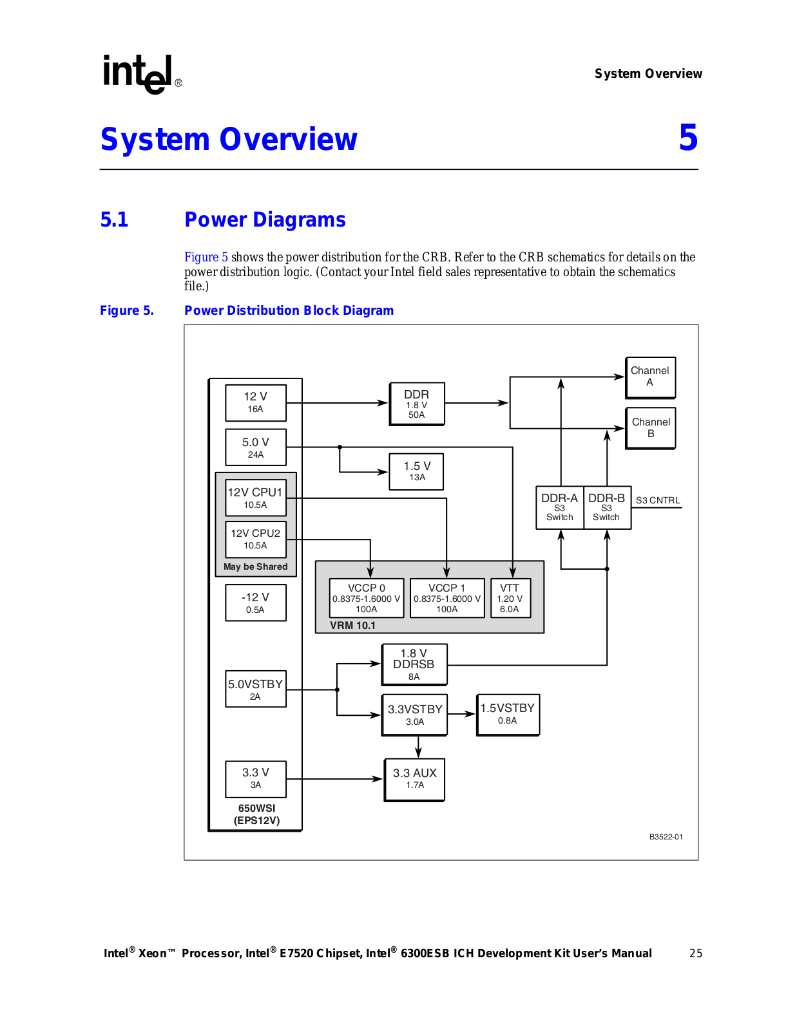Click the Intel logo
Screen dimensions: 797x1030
(x=142, y=75)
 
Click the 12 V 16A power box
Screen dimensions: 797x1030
(x=256, y=403)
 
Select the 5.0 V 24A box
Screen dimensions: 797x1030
(x=256, y=447)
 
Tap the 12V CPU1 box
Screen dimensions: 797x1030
(x=256, y=498)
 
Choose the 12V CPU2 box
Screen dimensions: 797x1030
(x=256, y=539)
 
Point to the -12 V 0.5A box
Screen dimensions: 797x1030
(x=256, y=603)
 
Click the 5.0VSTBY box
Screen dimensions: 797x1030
(x=256, y=689)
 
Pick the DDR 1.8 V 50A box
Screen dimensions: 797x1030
(x=417, y=404)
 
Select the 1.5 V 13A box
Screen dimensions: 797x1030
(x=416, y=472)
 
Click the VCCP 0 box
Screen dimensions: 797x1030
(x=367, y=598)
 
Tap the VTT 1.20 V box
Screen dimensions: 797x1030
(x=510, y=598)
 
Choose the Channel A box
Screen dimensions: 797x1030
(x=650, y=377)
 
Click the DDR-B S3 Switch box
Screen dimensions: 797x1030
(x=607, y=508)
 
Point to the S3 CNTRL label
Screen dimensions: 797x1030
(x=658, y=500)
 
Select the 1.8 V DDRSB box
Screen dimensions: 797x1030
(x=414, y=664)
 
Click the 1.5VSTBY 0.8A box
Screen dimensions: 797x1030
(x=508, y=715)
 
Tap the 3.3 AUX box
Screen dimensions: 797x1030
(x=415, y=780)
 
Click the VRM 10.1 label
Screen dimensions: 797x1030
(x=352, y=625)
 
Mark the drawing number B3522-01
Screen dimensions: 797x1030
(x=666, y=837)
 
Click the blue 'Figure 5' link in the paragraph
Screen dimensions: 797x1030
(x=206, y=257)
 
